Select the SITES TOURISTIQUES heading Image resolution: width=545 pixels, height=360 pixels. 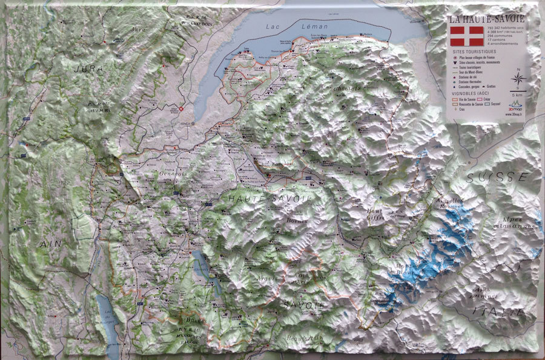coord(473,52)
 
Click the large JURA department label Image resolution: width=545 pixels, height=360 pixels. coord(88,69)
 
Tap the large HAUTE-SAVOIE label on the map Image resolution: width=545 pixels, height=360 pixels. coord(270,198)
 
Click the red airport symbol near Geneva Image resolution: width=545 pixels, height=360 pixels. coord(180,110)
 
